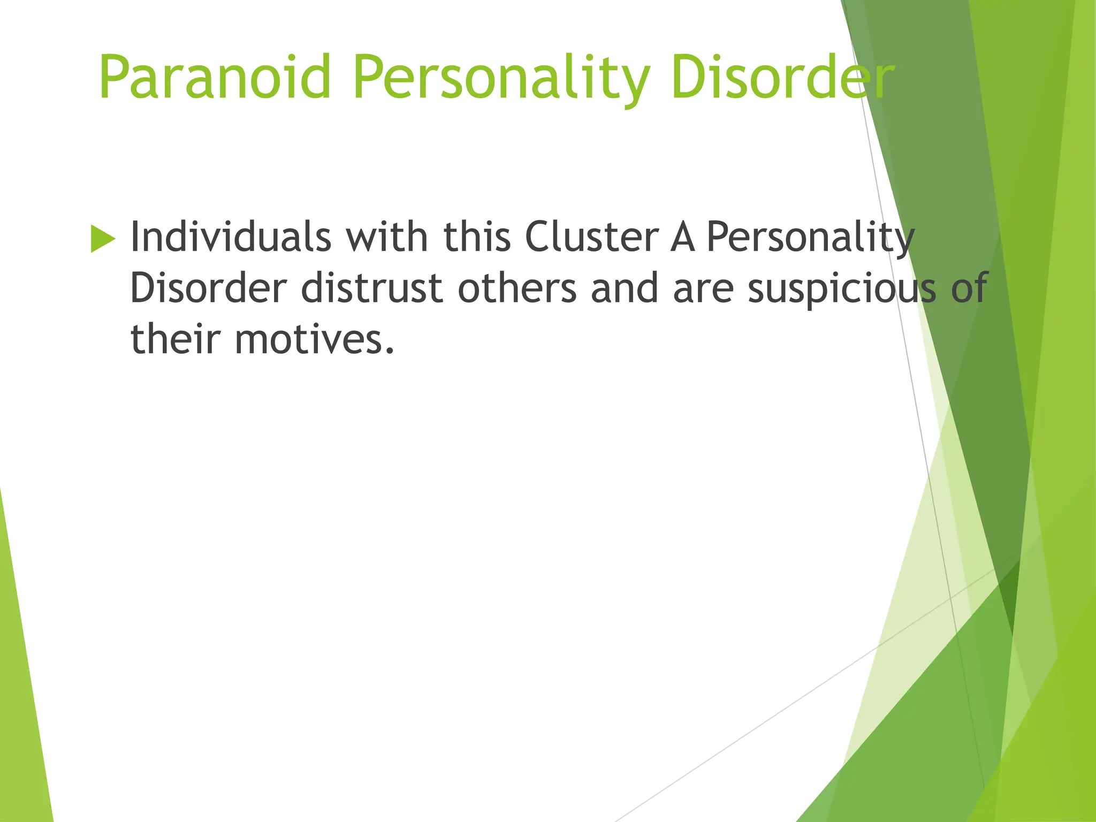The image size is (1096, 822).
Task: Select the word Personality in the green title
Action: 501,79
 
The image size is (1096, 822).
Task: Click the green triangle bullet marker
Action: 103,239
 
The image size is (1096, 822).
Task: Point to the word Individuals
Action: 231,237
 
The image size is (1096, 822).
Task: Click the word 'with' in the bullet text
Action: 387,237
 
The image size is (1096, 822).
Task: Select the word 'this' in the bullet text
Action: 477,237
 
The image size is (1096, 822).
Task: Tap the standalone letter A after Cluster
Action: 682,238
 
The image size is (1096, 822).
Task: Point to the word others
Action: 517,288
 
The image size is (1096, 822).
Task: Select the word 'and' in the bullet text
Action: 625,288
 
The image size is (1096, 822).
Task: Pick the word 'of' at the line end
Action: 969,288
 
